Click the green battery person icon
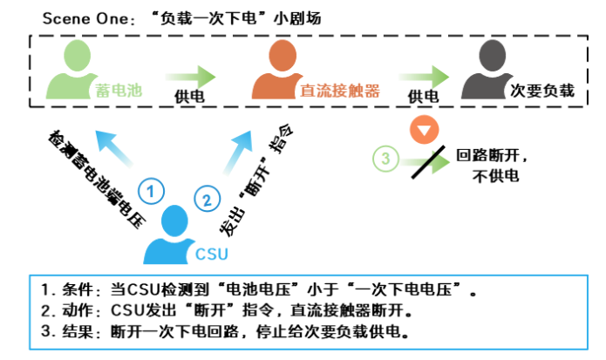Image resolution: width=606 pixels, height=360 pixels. coord(69,70)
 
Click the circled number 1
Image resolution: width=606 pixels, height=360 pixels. coord(152,191)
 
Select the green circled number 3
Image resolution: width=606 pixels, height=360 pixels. coord(385,160)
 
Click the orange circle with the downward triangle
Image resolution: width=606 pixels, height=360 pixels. coord(423,131)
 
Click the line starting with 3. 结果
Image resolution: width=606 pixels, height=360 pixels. coord(225,333)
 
